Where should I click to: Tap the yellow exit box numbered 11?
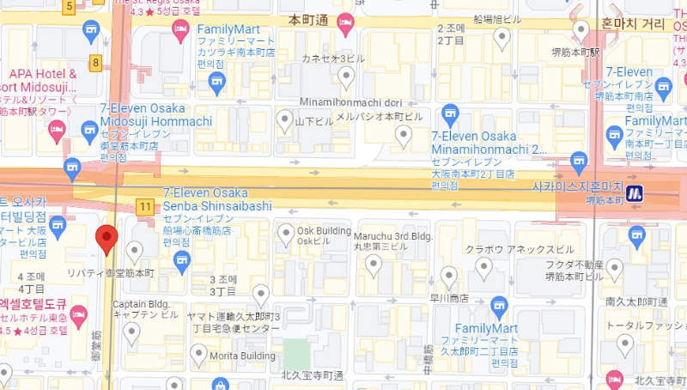click(145, 207)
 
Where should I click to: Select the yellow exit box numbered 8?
click(95, 63)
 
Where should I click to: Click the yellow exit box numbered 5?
click(70, 7)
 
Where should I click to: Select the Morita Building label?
click(244, 354)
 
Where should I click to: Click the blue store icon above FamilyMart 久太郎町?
click(499, 307)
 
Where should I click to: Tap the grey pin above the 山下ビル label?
click(285, 120)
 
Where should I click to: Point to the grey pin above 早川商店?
click(448, 276)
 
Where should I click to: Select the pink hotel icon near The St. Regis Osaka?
click(180, 31)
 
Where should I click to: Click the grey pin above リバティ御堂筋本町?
click(134, 251)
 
